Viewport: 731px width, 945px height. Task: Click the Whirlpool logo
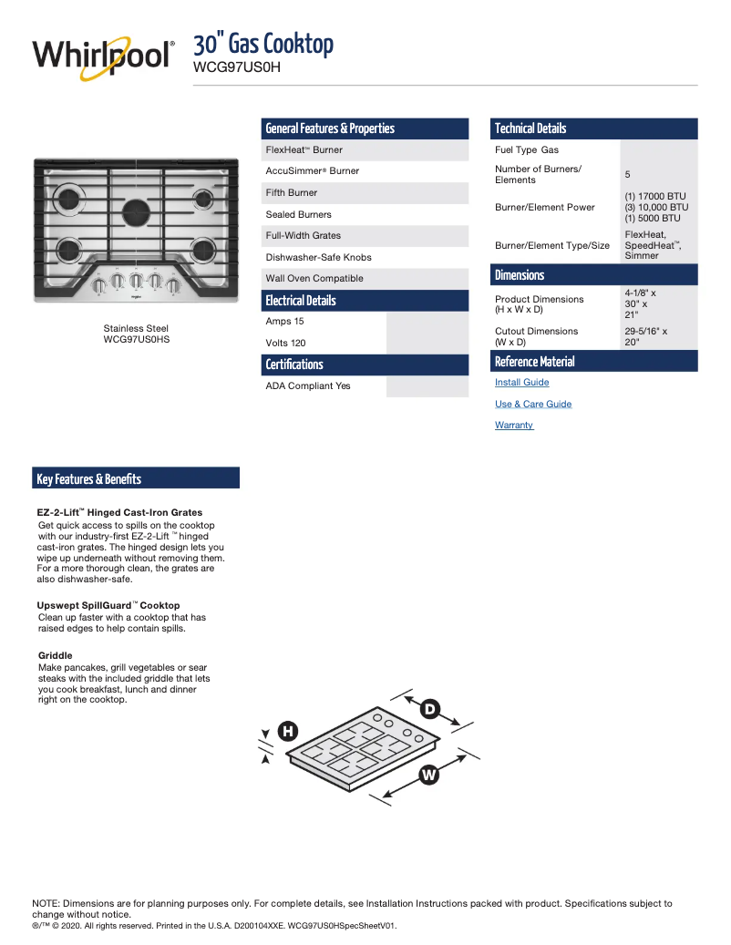[x=102, y=56]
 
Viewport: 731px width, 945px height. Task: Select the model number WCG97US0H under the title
[x=236, y=67]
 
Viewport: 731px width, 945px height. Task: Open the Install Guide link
[x=521, y=383]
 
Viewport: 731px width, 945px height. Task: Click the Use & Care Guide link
[x=533, y=404]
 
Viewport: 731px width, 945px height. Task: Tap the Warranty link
[x=514, y=426]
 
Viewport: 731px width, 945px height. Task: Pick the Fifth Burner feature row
[x=292, y=192]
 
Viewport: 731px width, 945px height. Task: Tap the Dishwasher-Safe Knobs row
[x=318, y=257]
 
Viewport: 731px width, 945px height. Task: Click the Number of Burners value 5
[x=627, y=174]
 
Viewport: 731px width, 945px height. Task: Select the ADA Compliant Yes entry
[x=308, y=385]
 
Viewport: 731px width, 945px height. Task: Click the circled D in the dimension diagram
[x=429, y=709]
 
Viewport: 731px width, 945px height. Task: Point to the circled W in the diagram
[x=429, y=776]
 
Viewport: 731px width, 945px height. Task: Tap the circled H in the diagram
[x=287, y=731]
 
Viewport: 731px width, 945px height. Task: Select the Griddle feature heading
[x=55, y=655]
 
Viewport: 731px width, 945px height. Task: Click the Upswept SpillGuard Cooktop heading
[x=108, y=605]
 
